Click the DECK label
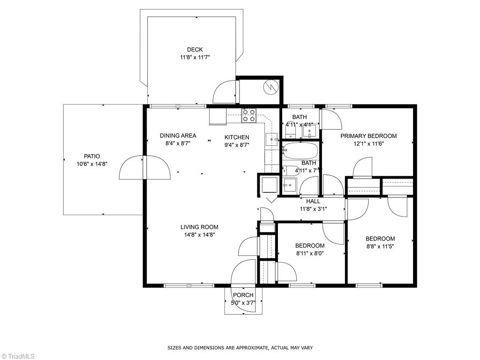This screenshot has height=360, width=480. (x=195, y=50)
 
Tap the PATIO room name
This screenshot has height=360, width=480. (x=92, y=157)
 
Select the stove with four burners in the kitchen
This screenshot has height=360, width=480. (x=249, y=115)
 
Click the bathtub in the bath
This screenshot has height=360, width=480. (x=300, y=151)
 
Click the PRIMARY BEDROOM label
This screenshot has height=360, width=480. (x=368, y=136)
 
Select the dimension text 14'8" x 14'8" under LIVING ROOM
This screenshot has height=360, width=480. (x=199, y=235)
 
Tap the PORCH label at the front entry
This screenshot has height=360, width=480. (x=243, y=295)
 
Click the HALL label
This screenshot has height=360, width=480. (x=313, y=202)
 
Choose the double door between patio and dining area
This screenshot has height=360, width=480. (x=145, y=167)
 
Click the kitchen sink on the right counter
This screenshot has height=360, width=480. (x=272, y=139)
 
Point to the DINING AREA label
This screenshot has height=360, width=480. (x=178, y=136)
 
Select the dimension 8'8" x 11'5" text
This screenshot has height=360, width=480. (x=380, y=246)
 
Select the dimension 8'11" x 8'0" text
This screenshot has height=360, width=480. (x=310, y=253)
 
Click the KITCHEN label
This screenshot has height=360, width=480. (x=237, y=137)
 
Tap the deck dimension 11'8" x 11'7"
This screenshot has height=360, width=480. (x=195, y=57)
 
